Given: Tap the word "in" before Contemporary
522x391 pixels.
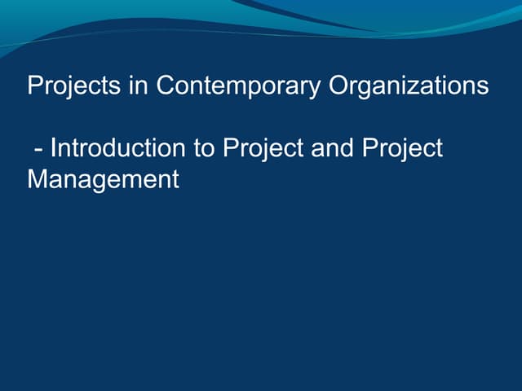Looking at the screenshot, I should click(139, 86).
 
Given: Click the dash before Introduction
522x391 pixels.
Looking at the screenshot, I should click(39, 149).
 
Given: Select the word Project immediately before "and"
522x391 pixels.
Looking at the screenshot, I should click(264, 148).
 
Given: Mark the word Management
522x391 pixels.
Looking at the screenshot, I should click(103, 179).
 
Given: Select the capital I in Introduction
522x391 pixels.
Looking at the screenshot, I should click(53, 148).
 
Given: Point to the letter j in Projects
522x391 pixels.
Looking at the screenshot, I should click(69, 87).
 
